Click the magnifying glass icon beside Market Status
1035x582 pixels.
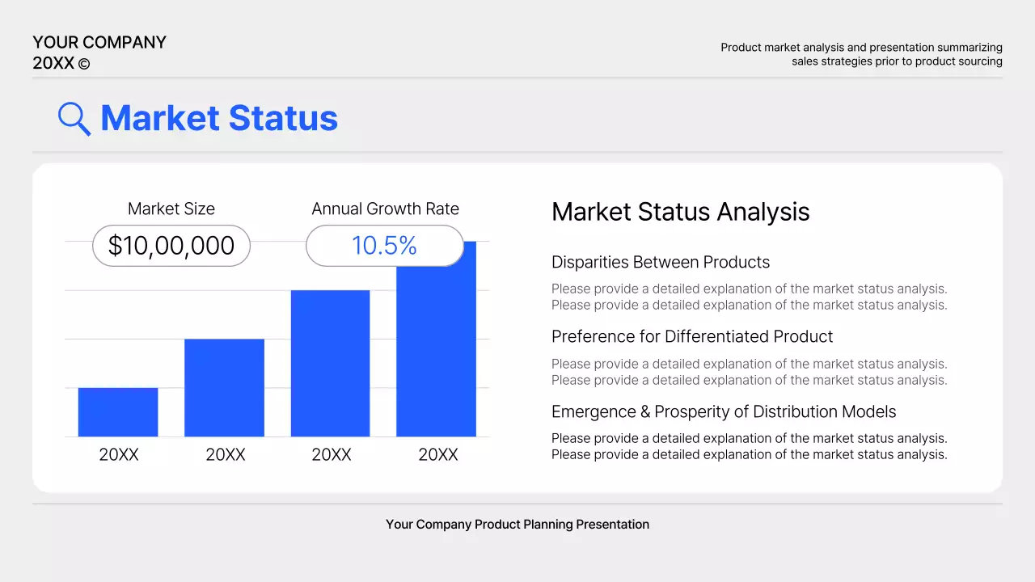point(74,119)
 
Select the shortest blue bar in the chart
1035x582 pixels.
point(118,412)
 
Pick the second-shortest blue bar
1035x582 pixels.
point(224,388)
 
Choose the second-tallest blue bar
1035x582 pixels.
point(330,364)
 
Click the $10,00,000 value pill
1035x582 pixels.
point(171,246)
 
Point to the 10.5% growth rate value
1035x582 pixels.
point(384,246)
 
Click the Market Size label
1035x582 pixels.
point(171,209)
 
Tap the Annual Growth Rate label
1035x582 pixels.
point(385,209)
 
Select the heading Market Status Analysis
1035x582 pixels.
point(680,212)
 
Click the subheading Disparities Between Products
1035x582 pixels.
point(660,262)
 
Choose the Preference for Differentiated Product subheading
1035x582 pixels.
point(691,336)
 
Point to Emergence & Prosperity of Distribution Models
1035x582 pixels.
point(723,411)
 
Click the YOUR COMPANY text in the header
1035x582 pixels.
point(99,42)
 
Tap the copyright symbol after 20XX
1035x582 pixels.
point(84,64)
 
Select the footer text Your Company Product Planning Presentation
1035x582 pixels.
point(517,524)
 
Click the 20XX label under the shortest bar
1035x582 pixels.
point(119,454)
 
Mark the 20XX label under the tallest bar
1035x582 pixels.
point(437,454)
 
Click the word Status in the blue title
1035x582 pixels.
point(282,118)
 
